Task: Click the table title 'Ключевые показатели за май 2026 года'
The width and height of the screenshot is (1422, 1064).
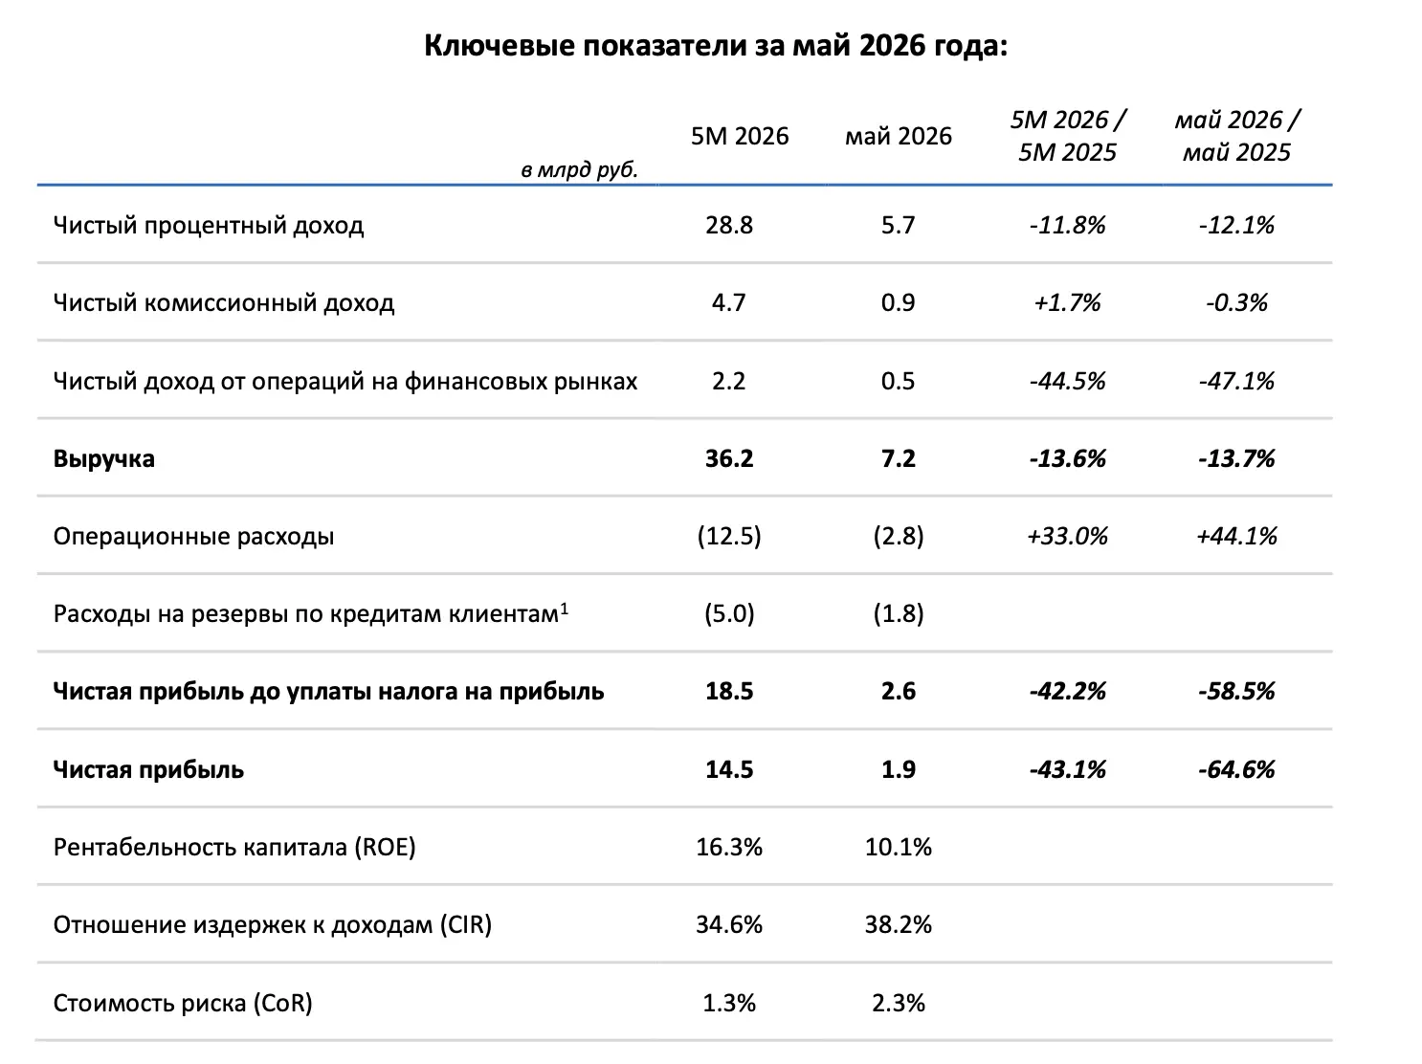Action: point(715,45)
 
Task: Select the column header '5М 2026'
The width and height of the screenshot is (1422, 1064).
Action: point(739,136)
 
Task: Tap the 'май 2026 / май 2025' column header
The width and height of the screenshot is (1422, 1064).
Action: point(1236,136)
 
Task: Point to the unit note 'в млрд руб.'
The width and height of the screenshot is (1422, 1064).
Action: point(579,169)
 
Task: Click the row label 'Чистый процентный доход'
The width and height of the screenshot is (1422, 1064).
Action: point(208,226)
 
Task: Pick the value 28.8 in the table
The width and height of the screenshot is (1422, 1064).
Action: point(729,226)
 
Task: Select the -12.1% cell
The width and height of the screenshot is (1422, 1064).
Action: point(1236,226)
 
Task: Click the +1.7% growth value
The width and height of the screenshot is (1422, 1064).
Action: point(1067,302)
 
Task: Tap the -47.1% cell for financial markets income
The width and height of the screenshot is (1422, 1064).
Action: point(1236,381)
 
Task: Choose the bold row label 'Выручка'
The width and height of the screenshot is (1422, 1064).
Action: point(103,459)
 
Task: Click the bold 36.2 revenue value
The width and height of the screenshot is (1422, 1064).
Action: point(729,458)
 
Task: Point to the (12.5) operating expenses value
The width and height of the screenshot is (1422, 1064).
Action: point(729,536)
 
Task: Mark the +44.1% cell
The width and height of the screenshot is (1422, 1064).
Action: point(1236,536)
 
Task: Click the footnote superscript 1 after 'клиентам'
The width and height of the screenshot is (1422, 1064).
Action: point(565,609)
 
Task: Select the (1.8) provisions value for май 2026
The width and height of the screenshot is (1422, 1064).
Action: point(898,613)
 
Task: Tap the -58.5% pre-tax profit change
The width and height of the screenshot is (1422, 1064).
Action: point(1236,691)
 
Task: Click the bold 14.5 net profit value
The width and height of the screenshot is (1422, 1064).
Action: point(729,769)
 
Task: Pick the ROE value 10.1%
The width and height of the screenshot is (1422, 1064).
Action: point(898,847)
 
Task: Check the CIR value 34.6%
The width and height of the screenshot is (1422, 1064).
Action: point(729,924)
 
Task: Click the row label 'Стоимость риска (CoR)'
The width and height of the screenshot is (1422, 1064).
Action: point(183,1003)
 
